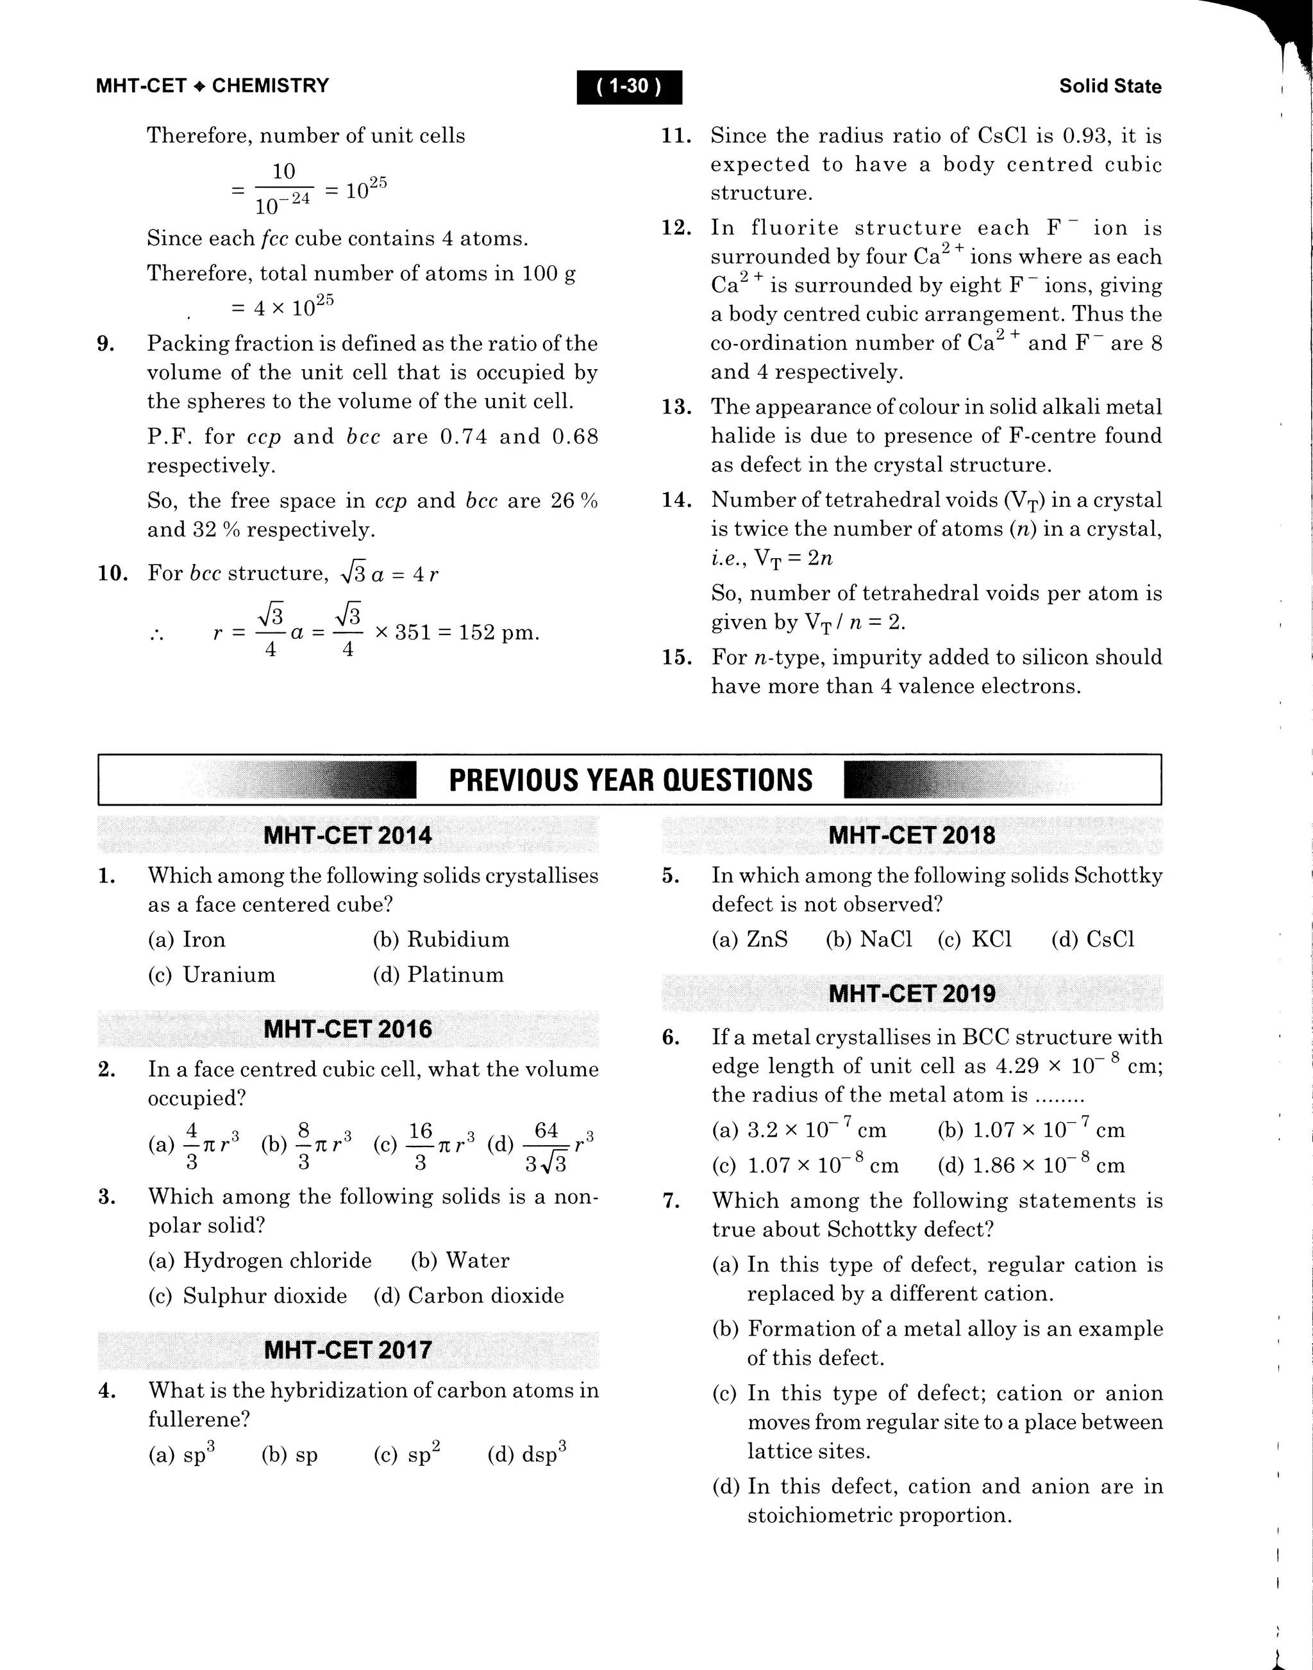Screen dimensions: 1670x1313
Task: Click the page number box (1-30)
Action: [629, 86]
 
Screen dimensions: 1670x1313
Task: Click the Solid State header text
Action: [1109, 86]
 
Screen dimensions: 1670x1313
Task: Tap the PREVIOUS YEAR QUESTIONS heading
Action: [630, 780]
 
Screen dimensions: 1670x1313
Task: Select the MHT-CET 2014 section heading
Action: [347, 836]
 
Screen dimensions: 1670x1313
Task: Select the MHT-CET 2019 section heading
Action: [912, 994]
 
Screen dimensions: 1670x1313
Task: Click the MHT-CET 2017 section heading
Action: [347, 1350]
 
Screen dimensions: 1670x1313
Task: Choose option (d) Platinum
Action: [438, 975]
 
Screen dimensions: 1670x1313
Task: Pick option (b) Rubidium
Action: [440, 939]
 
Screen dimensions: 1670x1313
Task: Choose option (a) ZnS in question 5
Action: [749, 939]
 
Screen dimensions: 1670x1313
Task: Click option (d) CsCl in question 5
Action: [1092, 939]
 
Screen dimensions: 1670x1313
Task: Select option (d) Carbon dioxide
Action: [468, 1296]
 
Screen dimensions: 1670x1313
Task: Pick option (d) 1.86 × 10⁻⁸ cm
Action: [1031, 1166]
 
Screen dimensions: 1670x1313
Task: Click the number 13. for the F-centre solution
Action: [676, 408]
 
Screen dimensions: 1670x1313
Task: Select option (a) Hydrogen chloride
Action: [260, 1261]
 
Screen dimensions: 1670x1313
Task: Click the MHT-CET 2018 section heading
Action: [912, 836]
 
